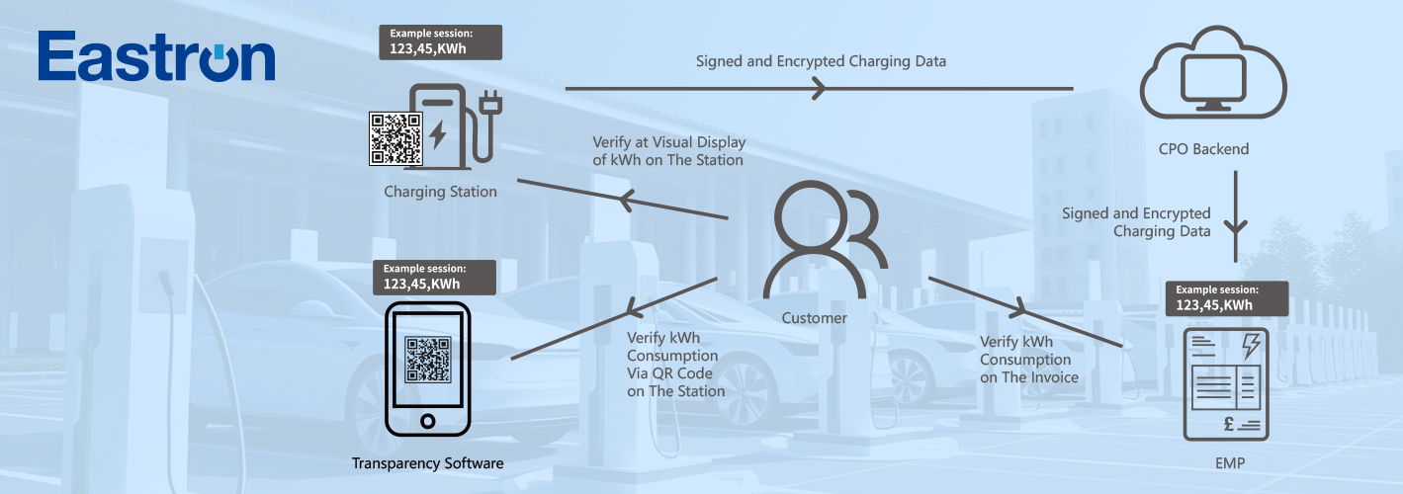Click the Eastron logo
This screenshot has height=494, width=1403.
(x=156, y=57)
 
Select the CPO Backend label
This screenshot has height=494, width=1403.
(x=1203, y=150)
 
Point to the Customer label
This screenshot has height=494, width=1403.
(x=814, y=318)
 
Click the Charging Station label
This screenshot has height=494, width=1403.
(x=440, y=192)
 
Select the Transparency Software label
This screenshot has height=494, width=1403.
(x=427, y=463)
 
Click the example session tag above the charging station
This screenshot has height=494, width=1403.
(x=440, y=41)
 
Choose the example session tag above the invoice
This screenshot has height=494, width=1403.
(x=1227, y=298)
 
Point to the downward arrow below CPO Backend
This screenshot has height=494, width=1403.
(x=1237, y=224)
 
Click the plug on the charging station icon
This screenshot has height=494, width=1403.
(x=487, y=107)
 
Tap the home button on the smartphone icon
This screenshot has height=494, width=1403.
(x=427, y=421)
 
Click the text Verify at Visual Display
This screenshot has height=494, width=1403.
(x=668, y=142)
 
